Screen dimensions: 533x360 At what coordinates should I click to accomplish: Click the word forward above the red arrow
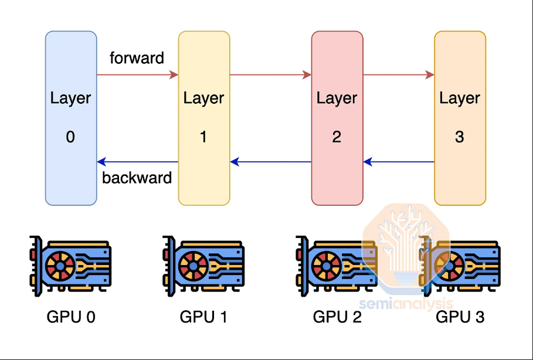coord(137,58)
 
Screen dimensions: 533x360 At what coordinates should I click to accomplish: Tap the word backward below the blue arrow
coord(137,178)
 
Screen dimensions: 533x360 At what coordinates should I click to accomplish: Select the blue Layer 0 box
coord(71,118)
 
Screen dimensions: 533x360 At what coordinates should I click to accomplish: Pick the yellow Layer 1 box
coord(204,118)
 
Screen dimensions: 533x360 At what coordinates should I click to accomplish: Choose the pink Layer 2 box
coord(337,118)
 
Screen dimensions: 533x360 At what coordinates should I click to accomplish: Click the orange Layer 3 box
coord(460,118)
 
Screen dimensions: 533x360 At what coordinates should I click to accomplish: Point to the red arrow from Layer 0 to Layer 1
coord(138,75)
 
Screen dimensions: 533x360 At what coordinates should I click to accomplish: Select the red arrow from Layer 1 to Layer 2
coord(271,75)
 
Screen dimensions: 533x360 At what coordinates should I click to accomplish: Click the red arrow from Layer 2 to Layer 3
coord(399,75)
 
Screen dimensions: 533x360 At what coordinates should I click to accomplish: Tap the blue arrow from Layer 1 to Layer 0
coord(138,162)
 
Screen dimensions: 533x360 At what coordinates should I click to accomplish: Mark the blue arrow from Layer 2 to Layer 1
coord(271,162)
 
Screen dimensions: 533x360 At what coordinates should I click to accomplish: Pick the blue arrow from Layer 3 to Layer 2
coord(399,162)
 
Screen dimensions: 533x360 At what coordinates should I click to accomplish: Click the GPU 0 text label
coord(71,317)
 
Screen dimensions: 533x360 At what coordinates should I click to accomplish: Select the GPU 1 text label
coord(203,317)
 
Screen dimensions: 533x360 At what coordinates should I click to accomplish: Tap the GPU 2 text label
coord(337,317)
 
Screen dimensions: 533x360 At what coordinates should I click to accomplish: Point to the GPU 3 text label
coord(460,317)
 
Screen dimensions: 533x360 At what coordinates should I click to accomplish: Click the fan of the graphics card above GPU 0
coord(60,266)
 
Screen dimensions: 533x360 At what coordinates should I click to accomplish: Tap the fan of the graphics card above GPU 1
coord(193,266)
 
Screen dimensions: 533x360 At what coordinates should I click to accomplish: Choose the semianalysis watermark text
coord(406,303)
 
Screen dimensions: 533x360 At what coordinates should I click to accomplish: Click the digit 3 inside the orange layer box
coord(459,137)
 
